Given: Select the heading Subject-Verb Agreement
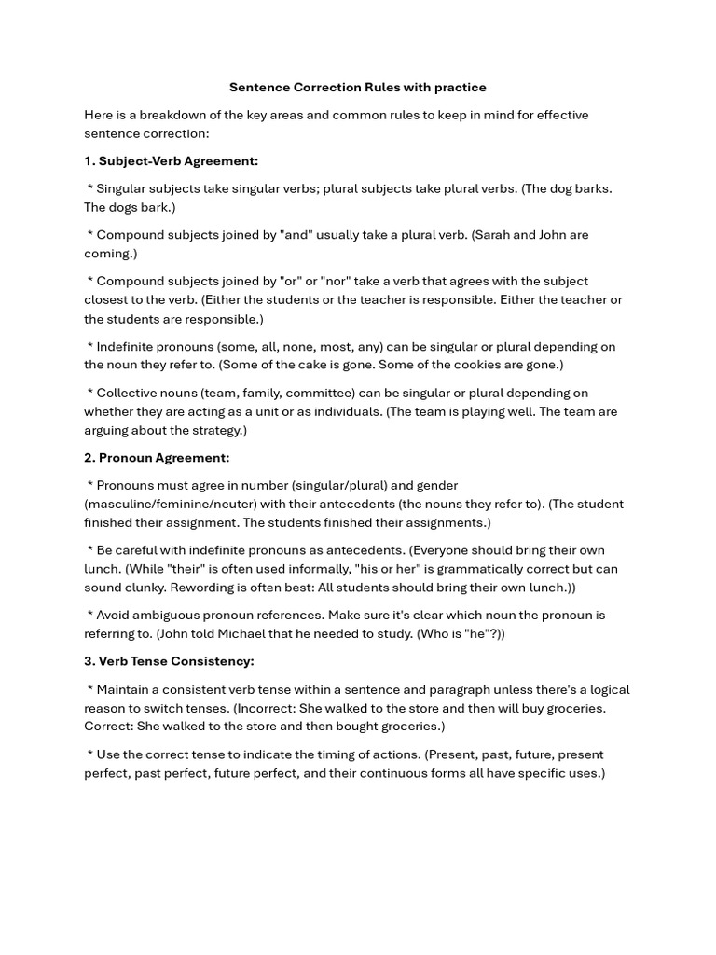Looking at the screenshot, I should pos(178,160).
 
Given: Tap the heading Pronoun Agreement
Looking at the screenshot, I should pos(163,458).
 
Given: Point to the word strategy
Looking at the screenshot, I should pos(213,430).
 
